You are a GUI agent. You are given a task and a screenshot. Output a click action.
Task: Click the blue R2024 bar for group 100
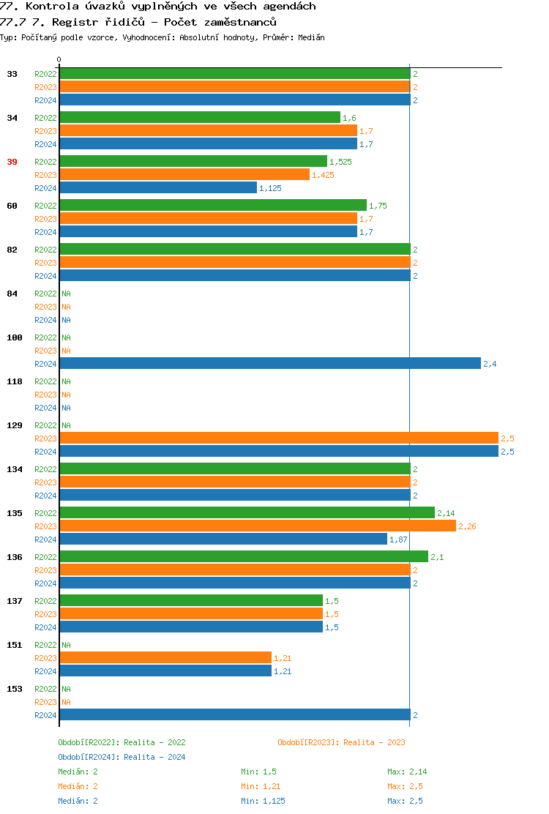click(269, 364)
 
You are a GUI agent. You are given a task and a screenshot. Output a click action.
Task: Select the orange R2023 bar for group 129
click(278, 438)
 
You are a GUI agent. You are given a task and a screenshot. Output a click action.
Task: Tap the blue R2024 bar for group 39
click(158, 188)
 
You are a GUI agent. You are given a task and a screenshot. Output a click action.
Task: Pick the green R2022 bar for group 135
click(247, 513)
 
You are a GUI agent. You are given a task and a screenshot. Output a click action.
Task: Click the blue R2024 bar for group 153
click(234, 715)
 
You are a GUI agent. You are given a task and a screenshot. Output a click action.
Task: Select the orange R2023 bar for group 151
click(165, 658)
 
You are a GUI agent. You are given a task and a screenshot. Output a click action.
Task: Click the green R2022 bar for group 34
click(200, 118)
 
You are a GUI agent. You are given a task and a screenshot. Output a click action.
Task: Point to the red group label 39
click(12, 162)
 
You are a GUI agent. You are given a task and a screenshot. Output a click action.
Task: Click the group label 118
click(15, 381)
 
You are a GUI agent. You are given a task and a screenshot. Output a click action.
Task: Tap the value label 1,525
click(340, 162)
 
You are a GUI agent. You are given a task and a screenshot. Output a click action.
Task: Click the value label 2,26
click(467, 526)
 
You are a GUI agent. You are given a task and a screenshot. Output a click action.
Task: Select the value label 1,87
click(398, 539)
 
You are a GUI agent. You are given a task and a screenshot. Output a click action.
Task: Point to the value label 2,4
click(490, 364)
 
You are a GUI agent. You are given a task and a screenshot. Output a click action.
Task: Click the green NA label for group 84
click(66, 294)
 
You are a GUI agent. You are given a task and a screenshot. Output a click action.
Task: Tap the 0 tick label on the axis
click(59, 60)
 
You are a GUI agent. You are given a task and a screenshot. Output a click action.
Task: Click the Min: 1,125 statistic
click(263, 801)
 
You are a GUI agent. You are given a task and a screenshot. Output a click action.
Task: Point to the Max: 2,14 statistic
click(407, 772)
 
